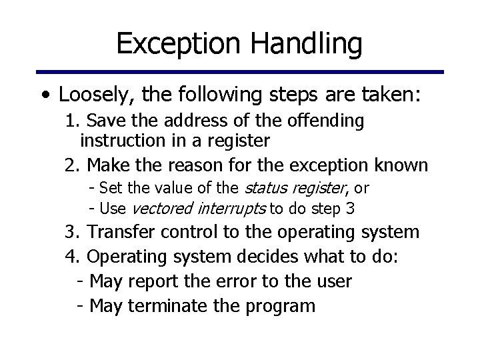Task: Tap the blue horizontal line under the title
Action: [240, 72]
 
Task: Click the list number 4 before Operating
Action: [70, 257]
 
